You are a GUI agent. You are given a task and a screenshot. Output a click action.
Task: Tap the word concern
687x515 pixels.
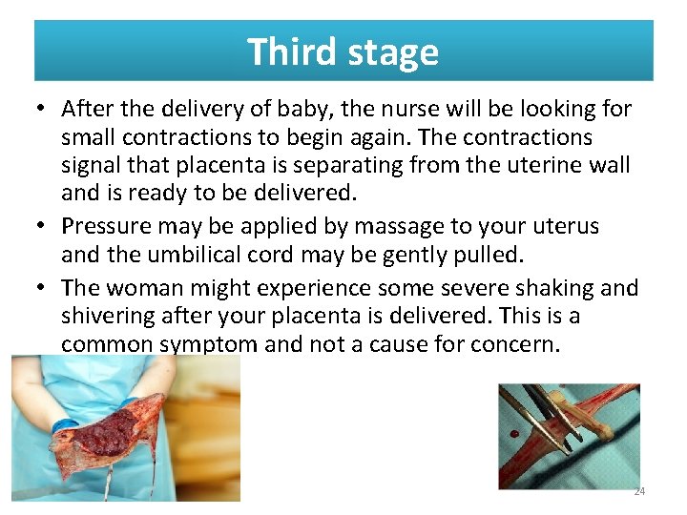click(x=515, y=343)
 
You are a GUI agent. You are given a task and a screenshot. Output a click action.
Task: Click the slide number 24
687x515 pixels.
click(x=639, y=491)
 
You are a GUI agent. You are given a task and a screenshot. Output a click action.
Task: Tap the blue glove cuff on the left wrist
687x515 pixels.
click(x=65, y=425)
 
